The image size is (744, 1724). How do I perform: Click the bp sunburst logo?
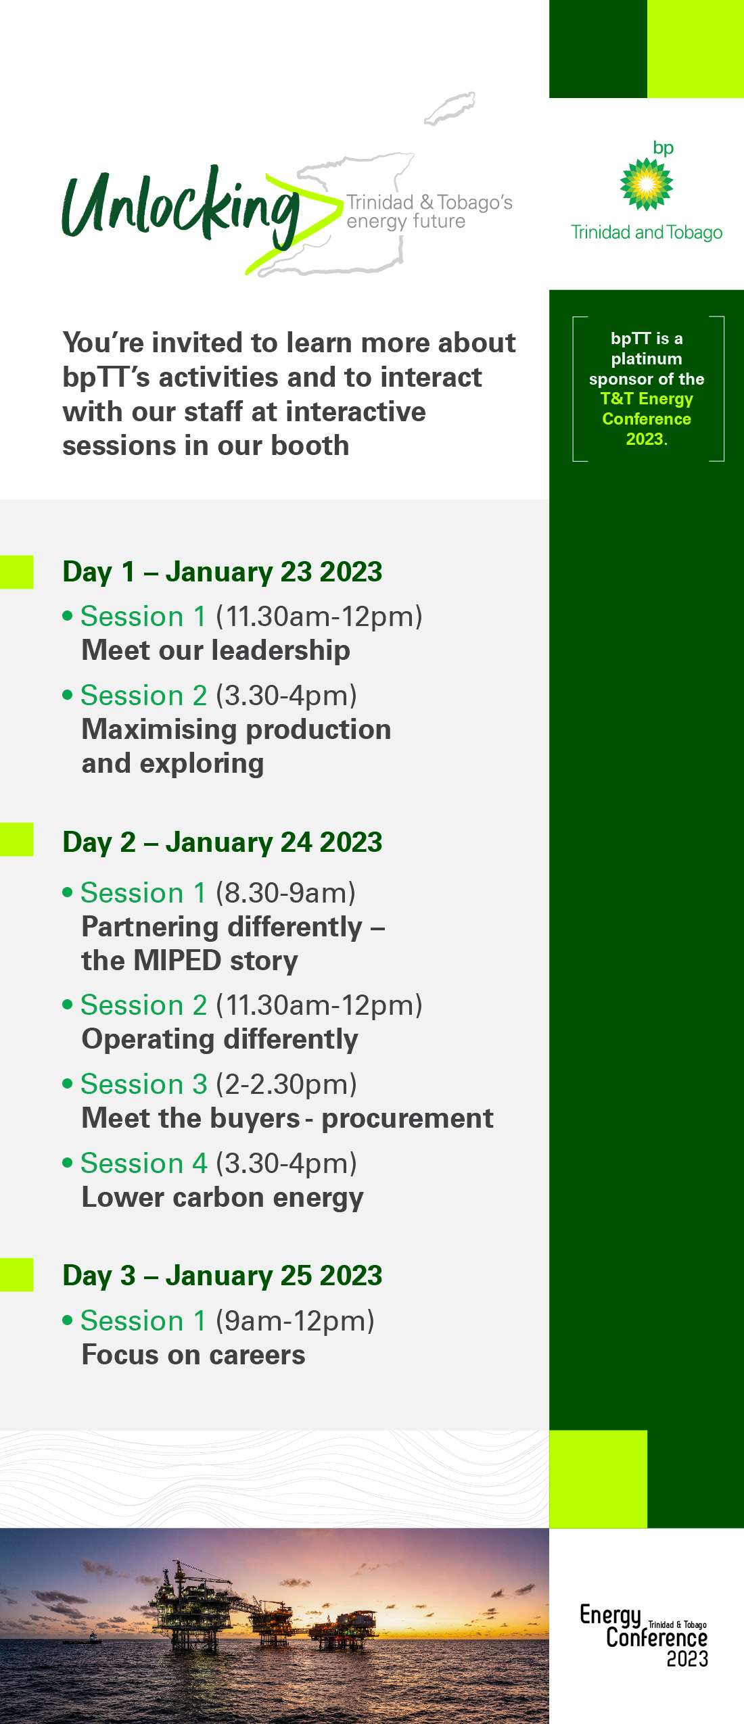pyautogui.click(x=647, y=183)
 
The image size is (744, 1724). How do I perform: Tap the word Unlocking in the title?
pyautogui.click(x=181, y=207)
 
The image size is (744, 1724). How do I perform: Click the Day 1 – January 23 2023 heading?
pyautogui.click(x=222, y=572)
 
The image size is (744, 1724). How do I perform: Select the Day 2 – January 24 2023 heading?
pyautogui.click(x=222, y=842)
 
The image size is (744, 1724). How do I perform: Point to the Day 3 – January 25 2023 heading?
pyautogui.click(x=222, y=1276)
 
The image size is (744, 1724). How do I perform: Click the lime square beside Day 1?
pyautogui.click(x=16, y=572)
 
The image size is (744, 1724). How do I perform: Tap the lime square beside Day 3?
pyautogui.click(x=16, y=1275)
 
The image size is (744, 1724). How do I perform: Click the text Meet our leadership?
pyautogui.click(x=216, y=650)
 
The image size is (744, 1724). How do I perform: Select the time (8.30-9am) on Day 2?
pyautogui.click(x=285, y=893)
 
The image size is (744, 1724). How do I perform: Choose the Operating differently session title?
pyautogui.click(x=220, y=1040)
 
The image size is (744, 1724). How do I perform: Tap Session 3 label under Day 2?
pyautogui.click(x=143, y=1084)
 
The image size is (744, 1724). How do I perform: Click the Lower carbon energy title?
pyautogui.click(x=223, y=1198)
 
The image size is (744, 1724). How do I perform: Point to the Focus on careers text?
pyautogui.click(x=193, y=1355)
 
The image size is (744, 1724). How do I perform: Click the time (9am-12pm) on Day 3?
pyautogui.click(x=295, y=1321)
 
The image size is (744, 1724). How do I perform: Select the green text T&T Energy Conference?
pyautogui.click(x=647, y=408)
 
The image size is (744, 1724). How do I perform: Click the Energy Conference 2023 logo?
pyautogui.click(x=644, y=1635)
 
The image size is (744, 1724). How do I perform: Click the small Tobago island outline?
pyautogui.click(x=450, y=108)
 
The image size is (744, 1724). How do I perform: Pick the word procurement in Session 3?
pyautogui.click(x=407, y=1119)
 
